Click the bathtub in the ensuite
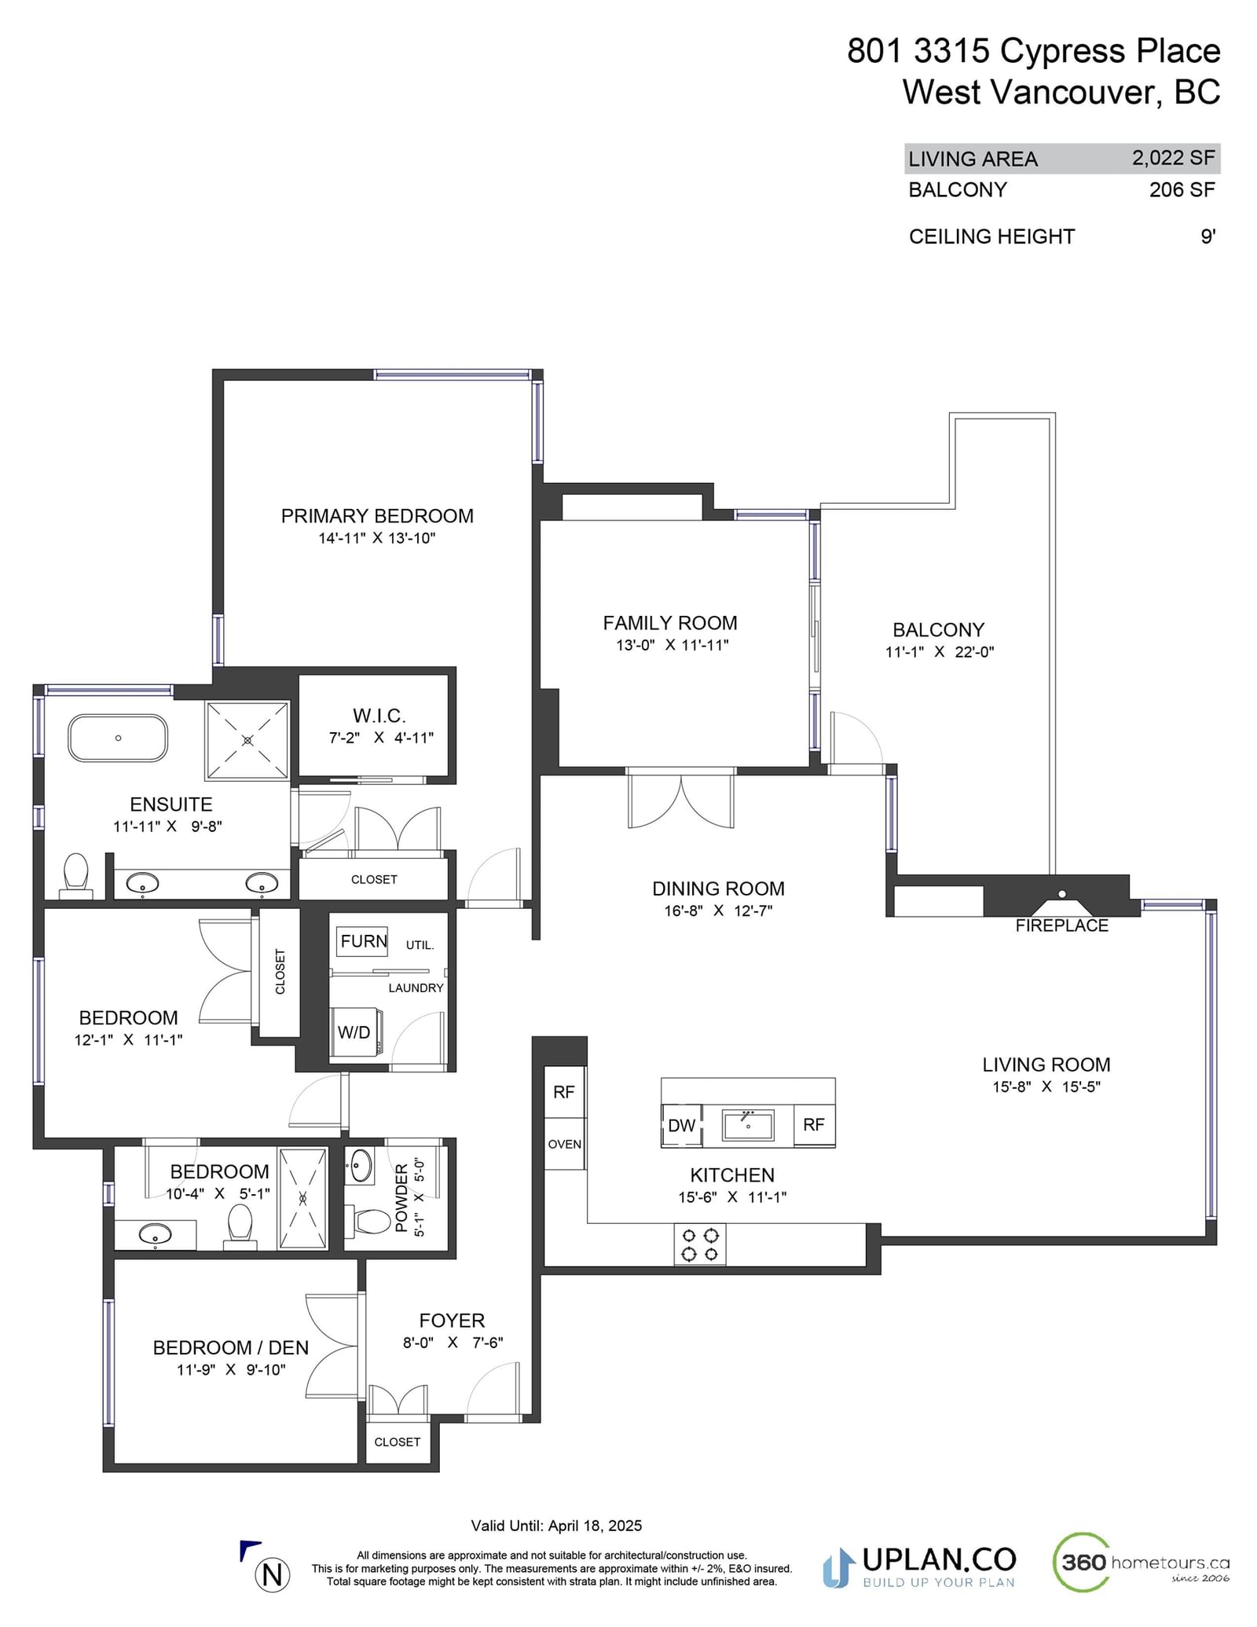[118, 738]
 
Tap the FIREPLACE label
[1061, 925]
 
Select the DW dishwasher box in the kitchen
[681, 1125]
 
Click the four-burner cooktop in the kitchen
[700, 1244]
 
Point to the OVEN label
[565, 1144]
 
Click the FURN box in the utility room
[363, 941]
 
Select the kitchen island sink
[748, 1125]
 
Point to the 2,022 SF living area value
[1173, 158]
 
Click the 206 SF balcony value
[1182, 189]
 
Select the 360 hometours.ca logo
[1141, 1562]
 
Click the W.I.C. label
[379, 716]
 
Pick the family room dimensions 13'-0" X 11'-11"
[672, 645]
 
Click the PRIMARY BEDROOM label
[377, 516]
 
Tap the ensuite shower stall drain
[247, 740]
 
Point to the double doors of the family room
[681, 799]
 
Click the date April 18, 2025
[595, 1526]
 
